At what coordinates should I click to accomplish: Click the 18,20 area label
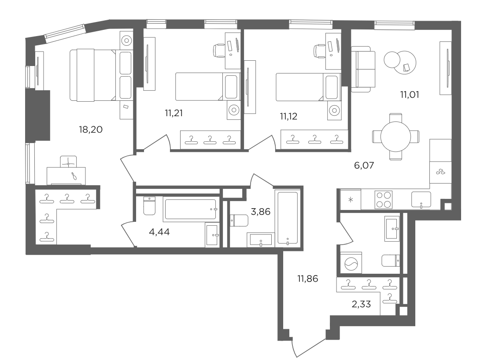tap(90, 129)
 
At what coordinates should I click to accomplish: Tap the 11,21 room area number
tap(174, 113)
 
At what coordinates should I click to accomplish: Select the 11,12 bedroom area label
tap(288, 116)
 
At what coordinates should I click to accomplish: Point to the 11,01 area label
tap(410, 95)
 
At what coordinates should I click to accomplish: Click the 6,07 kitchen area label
tap(364, 165)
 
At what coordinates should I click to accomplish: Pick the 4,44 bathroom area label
tap(159, 231)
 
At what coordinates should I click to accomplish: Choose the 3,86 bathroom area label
tap(261, 212)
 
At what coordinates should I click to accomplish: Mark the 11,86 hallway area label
tap(307, 279)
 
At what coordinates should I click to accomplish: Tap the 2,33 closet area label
tap(361, 304)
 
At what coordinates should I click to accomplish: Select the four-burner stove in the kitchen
tap(384, 200)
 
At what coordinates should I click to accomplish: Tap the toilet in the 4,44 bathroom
tap(150, 206)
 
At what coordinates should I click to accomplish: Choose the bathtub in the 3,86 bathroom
tap(288, 218)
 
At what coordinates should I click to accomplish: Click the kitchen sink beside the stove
tap(421, 200)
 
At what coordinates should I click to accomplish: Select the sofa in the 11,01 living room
tap(363, 69)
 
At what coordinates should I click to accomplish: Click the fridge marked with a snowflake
tap(351, 200)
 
